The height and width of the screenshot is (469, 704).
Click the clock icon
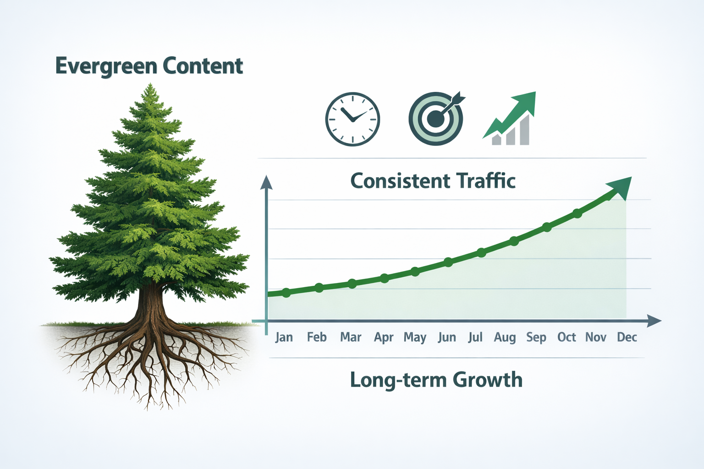(352, 119)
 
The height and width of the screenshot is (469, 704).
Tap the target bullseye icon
(436, 119)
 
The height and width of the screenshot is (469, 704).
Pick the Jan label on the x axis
(284, 338)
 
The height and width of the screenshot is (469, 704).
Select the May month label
(415, 338)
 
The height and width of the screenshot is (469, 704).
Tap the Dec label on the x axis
(627, 338)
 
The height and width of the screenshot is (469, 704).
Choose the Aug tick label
(505, 338)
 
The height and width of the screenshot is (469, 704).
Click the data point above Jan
(286, 293)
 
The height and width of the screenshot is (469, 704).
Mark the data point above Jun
(448, 262)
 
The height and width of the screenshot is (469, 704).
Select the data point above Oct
(577, 213)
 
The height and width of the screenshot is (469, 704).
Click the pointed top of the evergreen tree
(150, 86)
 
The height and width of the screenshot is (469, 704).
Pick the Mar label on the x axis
(351, 338)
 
